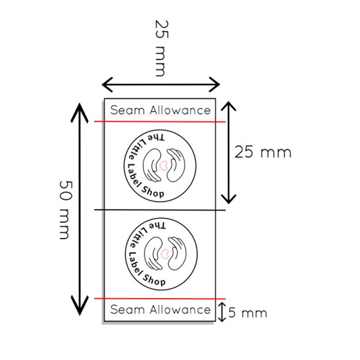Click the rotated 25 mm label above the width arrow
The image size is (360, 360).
pyautogui.click(x=162, y=48)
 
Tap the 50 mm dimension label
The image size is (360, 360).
pyautogui.click(x=65, y=210)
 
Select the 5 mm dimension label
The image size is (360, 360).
pyautogui.click(x=248, y=313)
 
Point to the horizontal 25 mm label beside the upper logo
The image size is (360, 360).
pyautogui.click(x=263, y=153)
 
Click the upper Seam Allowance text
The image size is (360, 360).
pyautogui.click(x=160, y=110)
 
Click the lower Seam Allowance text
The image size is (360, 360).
pyautogui.click(x=160, y=310)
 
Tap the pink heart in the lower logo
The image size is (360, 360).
pyautogui.click(x=165, y=254)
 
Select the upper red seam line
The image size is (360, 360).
pyautogui.click(x=160, y=122)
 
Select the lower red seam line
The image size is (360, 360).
pyautogui.click(x=160, y=299)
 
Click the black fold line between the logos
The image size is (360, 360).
pyautogui.click(x=160, y=210)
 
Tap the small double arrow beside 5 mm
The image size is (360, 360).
pyautogui.click(x=222, y=312)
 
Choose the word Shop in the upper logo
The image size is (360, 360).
pyautogui.click(x=153, y=192)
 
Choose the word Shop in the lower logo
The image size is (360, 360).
pyautogui.click(x=154, y=281)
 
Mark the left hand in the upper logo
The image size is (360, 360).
pyautogui.click(x=151, y=165)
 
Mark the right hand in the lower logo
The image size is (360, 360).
pyautogui.click(x=177, y=253)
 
